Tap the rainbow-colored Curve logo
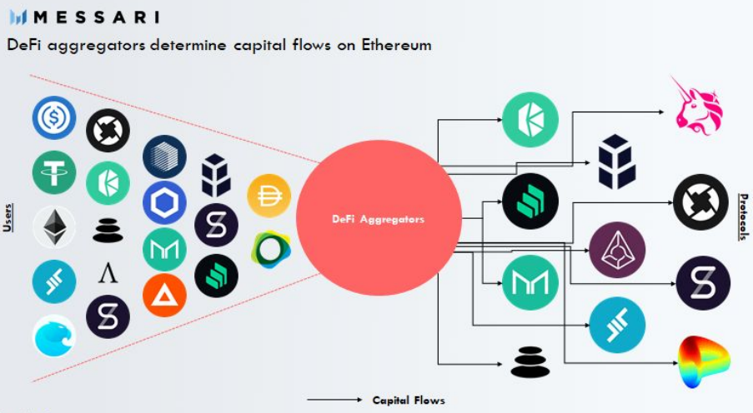[x=704, y=362]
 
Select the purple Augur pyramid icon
[x=616, y=251]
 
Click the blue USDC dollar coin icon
[x=54, y=118]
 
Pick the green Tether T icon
[x=54, y=173]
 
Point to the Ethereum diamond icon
[x=54, y=227]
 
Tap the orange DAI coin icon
[x=269, y=196]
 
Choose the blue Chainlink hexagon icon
[x=164, y=202]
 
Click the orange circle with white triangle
[x=164, y=295]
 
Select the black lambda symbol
[x=108, y=272]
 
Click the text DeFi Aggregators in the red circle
[x=379, y=220]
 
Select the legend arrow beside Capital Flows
[x=334, y=401]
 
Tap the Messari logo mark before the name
[x=18, y=17]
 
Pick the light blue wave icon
[x=54, y=336]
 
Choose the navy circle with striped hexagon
[x=164, y=157]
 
